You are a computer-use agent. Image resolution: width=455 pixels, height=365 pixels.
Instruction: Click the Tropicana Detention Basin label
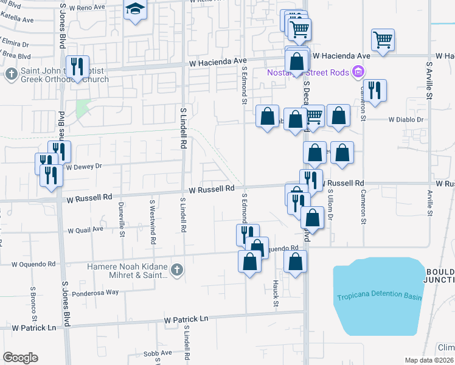pyautogui.click(x=379, y=297)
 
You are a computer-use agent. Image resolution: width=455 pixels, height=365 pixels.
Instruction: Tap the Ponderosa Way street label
pyautogui.click(x=95, y=293)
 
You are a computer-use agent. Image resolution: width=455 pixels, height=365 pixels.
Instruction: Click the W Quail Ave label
pyautogui.click(x=86, y=231)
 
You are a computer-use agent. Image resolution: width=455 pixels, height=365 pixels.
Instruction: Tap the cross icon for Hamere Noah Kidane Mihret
pyautogui.click(x=176, y=269)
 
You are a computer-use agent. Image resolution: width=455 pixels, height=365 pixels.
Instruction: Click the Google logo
pyautogui.click(x=20, y=358)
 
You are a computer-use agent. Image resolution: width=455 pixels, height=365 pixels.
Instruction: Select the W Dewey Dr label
pyautogui.click(x=83, y=166)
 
